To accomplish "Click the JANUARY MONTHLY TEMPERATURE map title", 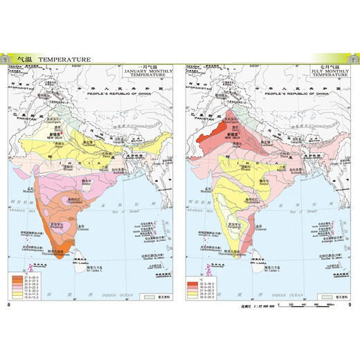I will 143,73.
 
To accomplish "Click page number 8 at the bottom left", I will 8,305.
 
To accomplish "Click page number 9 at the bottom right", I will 350,305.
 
